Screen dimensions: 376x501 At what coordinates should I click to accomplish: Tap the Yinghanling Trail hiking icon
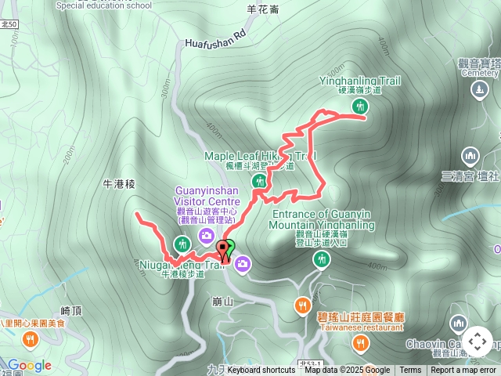[x=360, y=105]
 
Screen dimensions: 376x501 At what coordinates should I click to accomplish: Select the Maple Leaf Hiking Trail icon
[x=260, y=181]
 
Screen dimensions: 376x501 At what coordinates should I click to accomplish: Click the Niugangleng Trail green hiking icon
[x=182, y=243]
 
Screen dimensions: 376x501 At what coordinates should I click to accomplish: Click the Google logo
[x=29, y=365]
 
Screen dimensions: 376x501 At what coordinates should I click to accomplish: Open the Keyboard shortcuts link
[x=261, y=371]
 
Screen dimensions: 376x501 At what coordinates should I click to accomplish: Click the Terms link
[x=410, y=371]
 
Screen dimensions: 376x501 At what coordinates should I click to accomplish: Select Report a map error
[x=463, y=371]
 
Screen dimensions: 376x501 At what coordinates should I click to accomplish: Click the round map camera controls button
[x=478, y=342]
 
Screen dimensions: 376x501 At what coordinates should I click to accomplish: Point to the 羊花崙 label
[x=263, y=9]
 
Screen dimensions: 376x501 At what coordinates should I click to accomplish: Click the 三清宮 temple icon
[x=470, y=155]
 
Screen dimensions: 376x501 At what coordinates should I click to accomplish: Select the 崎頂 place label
[x=71, y=311]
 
